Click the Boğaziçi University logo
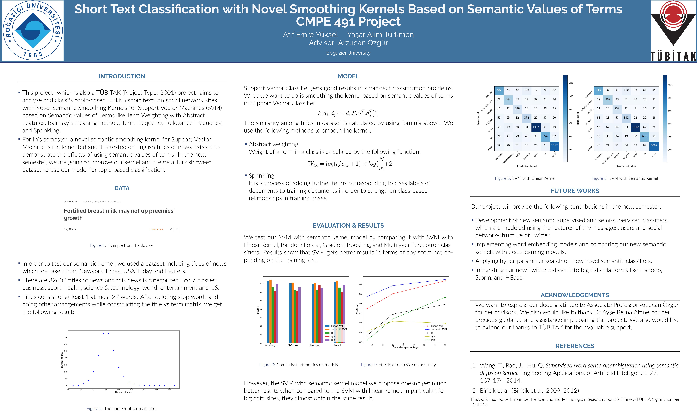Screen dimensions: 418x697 (x=33, y=30)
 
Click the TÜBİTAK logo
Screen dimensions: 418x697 (x=673, y=30)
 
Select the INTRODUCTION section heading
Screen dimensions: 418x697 (x=122, y=76)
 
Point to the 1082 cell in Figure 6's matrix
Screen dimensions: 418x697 (x=654, y=145)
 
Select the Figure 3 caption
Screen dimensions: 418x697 (x=298, y=365)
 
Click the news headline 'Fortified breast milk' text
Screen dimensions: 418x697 (x=119, y=214)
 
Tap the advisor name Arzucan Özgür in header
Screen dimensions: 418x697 (x=363, y=43)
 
